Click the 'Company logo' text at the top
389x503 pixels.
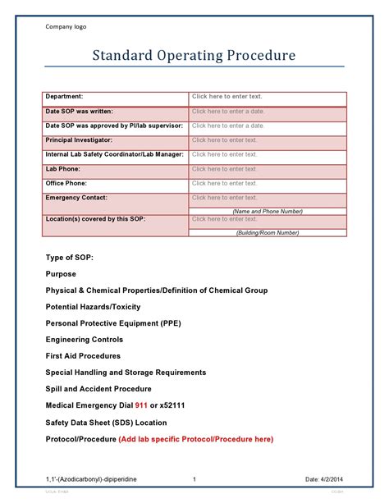[x=65, y=26]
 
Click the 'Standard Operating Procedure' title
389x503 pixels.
[x=193, y=57]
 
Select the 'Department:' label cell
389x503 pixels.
[x=65, y=97]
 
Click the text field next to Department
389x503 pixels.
[x=227, y=97]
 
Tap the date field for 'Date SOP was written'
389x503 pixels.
[x=228, y=111]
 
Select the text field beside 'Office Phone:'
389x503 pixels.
[x=225, y=183]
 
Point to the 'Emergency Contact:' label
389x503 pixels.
[x=76, y=198]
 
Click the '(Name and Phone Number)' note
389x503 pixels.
[x=267, y=211]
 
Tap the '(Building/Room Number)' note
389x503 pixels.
[x=267, y=233]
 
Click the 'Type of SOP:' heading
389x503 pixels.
[x=70, y=257]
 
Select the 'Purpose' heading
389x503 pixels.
[x=61, y=274]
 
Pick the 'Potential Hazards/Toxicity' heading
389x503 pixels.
[x=93, y=307]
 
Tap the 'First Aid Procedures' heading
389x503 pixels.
[x=83, y=356]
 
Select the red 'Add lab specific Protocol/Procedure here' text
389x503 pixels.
[x=195, y=439]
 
